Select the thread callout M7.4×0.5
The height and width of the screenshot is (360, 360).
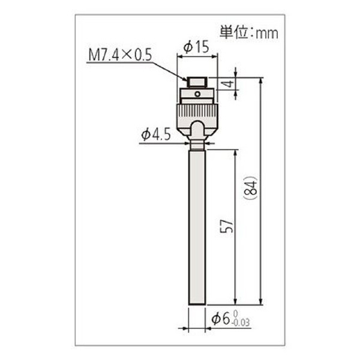119,57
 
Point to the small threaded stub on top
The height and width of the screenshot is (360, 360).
197,82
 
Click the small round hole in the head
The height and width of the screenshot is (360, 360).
197,94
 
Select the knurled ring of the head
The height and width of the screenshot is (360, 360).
197,111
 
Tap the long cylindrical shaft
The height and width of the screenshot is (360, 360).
197,228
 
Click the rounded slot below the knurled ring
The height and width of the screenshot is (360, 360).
197,128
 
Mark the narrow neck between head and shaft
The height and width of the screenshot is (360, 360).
197,145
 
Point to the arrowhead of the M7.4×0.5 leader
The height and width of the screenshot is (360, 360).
185,77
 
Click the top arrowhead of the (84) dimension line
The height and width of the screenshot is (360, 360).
262,80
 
